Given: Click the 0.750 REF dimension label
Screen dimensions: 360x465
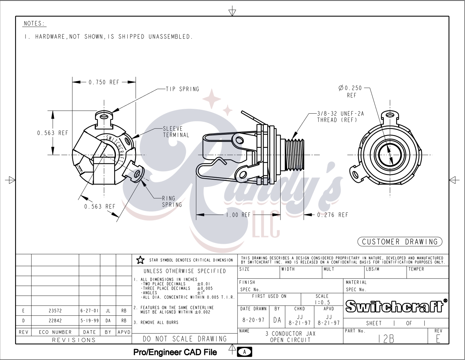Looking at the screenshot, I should (x=104, y=82).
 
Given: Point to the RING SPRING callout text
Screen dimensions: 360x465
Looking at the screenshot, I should (x=172, y=201).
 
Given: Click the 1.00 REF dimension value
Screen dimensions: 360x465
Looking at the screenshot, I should (x=238, y=215).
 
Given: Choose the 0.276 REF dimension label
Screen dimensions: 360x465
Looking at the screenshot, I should (x=333, y=215).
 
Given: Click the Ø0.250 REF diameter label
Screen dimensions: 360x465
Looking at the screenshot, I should (x=350, y=91).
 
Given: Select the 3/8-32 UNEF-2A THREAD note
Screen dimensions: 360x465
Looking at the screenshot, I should (x=340, y=117).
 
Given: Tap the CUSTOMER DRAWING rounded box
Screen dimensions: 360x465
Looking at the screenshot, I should (x=400, y=242).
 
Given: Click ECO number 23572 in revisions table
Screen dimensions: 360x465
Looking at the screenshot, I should (x=55, y=311).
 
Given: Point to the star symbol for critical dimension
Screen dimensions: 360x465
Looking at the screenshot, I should (x=140, y=260).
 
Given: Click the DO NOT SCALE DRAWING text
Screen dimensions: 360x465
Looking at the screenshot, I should (x=185, y=339).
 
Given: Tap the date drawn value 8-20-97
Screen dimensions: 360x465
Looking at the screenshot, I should (x=253, y=320).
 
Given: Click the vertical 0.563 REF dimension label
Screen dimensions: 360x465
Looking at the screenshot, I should (x=53, y=133).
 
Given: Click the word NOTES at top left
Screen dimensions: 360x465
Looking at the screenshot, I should (x=35, y=24).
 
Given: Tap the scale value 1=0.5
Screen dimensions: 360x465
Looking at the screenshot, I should (x=322, y=302).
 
